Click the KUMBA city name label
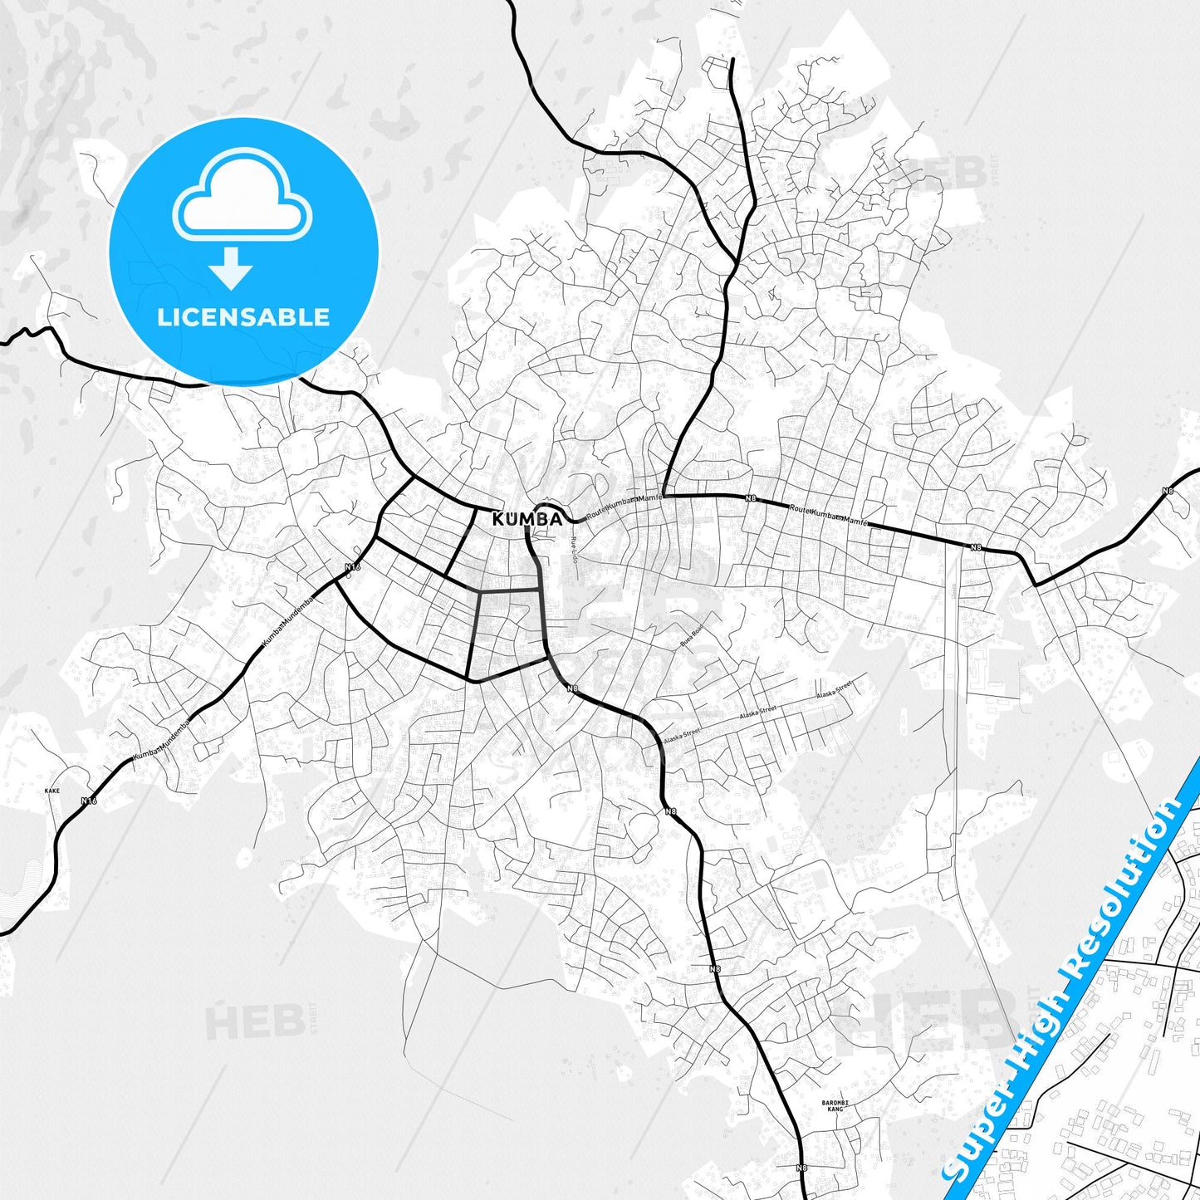[x=527, y=520]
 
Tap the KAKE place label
[x=52, y=791]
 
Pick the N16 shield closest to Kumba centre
[x=353, y=568]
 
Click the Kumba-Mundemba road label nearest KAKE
[x=162, y=739]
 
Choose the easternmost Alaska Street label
[x=835, y=689]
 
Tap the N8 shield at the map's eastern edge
[x=1168, y=491]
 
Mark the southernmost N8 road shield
[x=801, y=1168]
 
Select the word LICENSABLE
[x=243, y=317]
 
